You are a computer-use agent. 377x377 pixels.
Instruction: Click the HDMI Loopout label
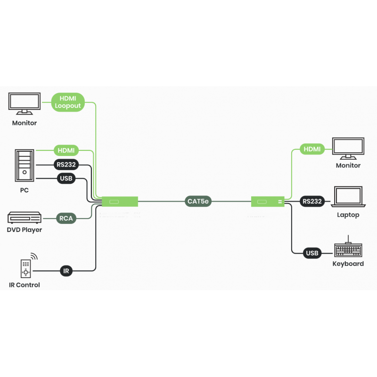pyautogui.click(x=68, y=102)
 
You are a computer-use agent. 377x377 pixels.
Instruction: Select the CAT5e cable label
pyautogui.click(x=198, y=202)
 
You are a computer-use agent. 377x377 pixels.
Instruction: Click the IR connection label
pyautogui.click(x=66, y=270)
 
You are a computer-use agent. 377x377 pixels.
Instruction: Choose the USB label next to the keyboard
pyautogui.click(x=312, y=253)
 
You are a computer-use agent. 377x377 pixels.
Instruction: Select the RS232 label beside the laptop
pyautogui.click(x=312, y=202)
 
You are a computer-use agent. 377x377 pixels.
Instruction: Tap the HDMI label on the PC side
pyautogui.click(x=66, y=151)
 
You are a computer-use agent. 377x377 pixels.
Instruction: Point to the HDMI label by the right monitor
pyautogui.click(x=312, y=149)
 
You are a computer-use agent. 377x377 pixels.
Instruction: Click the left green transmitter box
pyautogui.click(x=120, y=202)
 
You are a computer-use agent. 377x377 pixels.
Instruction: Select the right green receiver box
pyautogui.click(x=267, y=202)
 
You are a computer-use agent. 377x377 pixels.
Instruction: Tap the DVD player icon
pyautogui.click(x=25, y=218)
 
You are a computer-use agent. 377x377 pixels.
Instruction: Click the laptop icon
pyautogui.click(x=348, y=197)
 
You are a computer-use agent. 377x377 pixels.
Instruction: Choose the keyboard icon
pyautogui.click(x=348, y=250)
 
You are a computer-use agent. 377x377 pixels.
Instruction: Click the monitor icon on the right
pyautogui.click(x=348, y=148)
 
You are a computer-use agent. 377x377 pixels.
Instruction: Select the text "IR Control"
pyautogui.click(x=25, y=285)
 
